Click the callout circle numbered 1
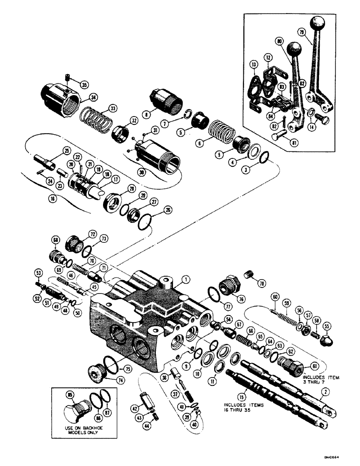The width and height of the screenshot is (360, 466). [186, 280]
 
